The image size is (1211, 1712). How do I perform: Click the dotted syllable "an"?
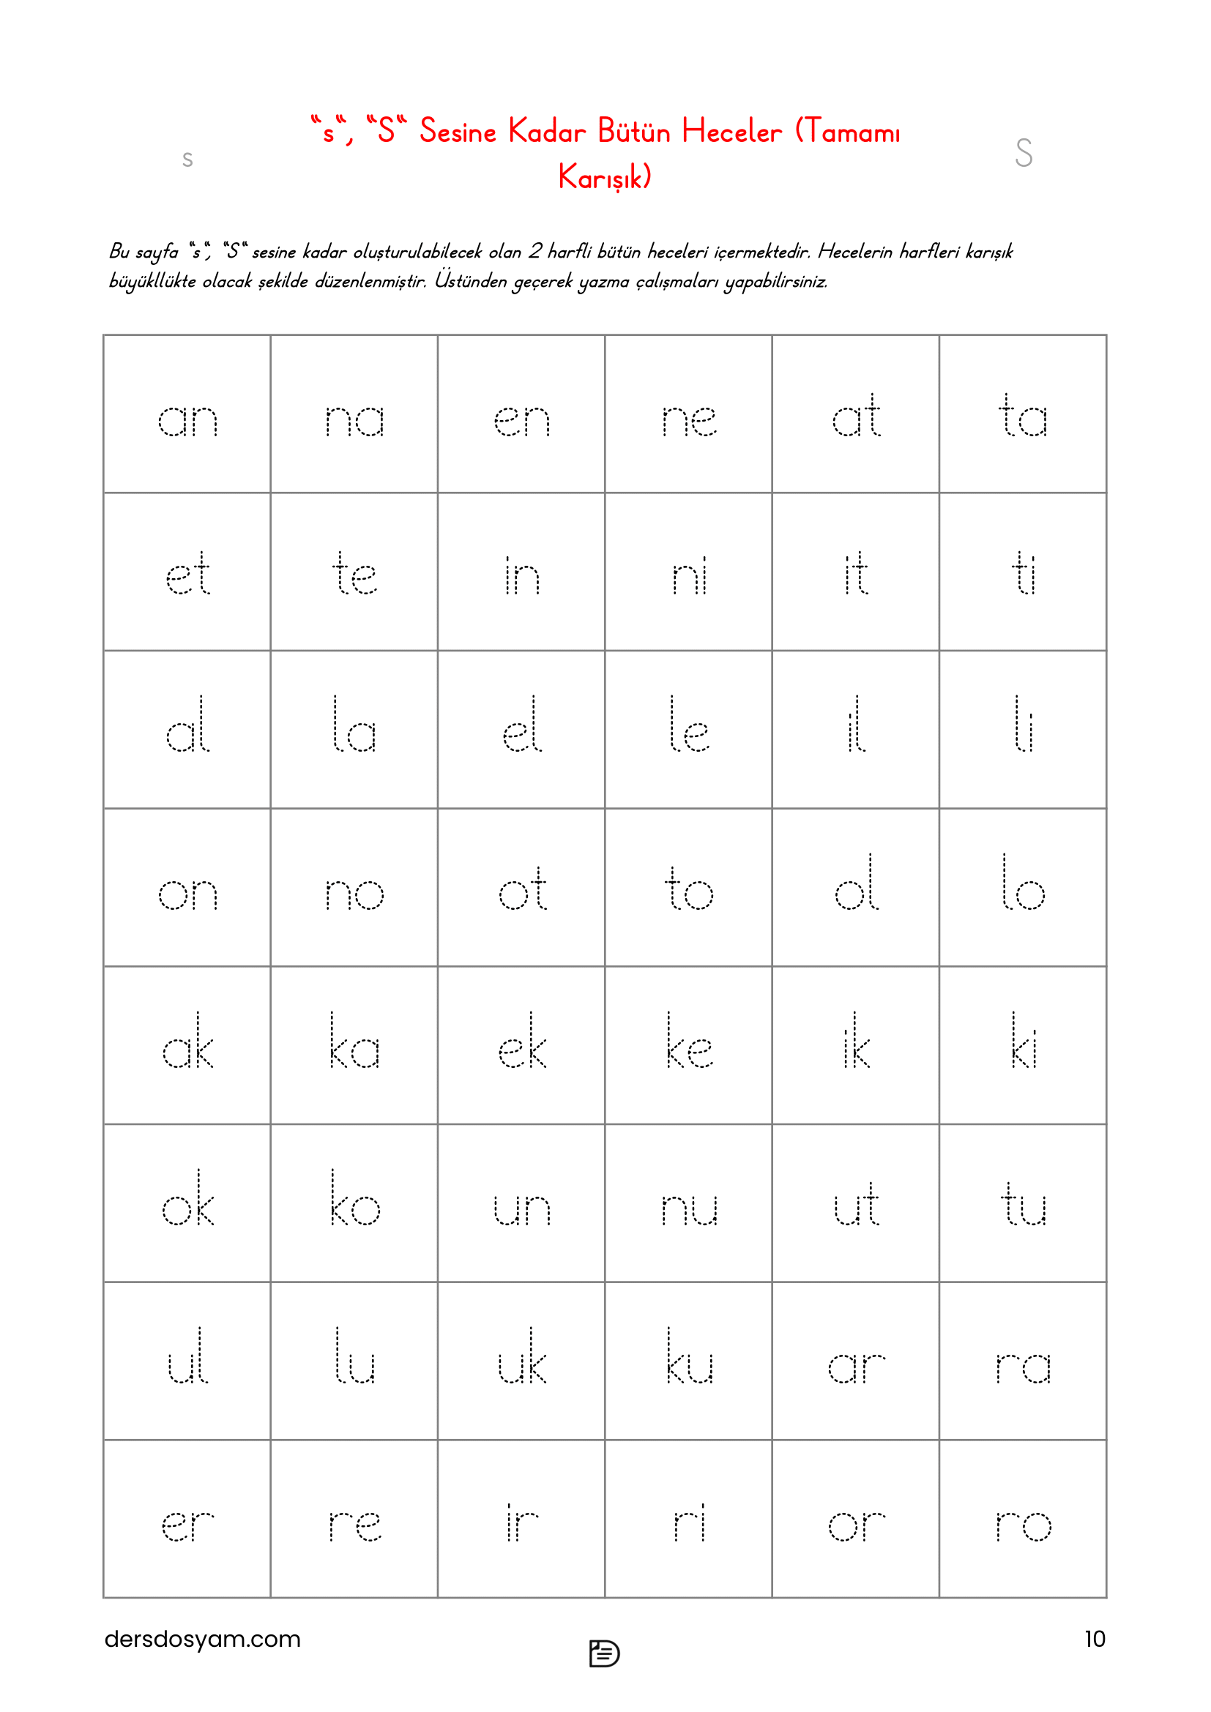[187, 419]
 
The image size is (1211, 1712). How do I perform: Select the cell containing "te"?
[354, 574]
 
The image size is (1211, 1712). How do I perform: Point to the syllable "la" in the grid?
[354, 726]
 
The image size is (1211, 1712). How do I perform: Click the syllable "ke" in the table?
[689, 1042]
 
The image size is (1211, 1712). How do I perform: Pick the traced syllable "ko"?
[354, 1200]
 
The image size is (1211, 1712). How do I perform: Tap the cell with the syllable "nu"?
[689, 1208]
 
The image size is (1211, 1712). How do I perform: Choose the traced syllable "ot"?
[522, 889]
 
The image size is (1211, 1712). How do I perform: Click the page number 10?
[1094, 1638]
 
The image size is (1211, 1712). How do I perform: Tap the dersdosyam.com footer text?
[202, 1638]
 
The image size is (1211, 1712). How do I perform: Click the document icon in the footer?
[604, 1653]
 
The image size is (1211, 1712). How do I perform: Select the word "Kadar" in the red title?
[547, 131]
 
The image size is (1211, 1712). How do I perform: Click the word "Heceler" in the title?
[731, 131]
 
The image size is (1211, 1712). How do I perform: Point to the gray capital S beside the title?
[1023, 153]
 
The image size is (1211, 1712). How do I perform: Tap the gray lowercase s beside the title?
[188, 158]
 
